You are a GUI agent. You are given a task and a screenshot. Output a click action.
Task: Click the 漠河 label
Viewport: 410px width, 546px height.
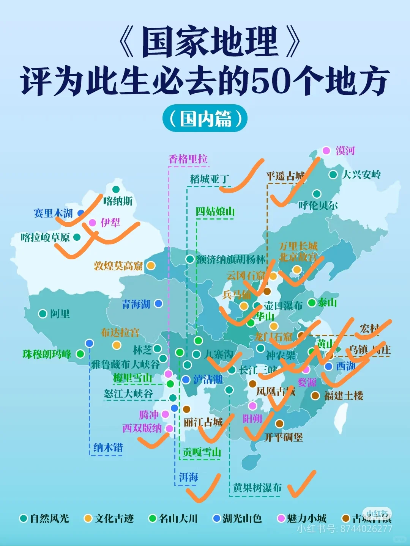(x=345, y=151)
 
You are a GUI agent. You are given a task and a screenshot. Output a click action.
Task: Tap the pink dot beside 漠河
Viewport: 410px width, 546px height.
(x=326, y=151)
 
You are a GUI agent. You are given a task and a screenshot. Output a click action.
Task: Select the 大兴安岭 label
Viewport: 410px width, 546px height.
(x=361, y=175)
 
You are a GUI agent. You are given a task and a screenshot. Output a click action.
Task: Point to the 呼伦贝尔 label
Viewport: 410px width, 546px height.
(x=318, y=206)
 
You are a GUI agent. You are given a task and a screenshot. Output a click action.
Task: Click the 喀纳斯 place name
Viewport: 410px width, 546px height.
(x=118, y=201)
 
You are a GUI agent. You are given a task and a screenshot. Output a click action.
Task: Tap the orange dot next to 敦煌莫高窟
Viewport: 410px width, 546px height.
(x=151, y=265)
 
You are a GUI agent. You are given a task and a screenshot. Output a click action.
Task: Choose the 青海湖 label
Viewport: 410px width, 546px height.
(x=136, y=304)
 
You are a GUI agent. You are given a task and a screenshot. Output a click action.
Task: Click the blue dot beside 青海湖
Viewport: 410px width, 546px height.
(x=158, y=303)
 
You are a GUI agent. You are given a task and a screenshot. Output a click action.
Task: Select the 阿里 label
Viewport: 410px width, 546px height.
(x=60, y=314)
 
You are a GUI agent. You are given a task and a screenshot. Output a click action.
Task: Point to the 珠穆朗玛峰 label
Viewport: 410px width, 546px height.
(x=47, y=354)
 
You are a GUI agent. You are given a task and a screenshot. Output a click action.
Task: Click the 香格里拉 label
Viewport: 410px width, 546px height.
(x=188, y=159)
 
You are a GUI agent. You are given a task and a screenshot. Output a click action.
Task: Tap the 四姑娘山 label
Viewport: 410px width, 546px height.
(x=215, y=212)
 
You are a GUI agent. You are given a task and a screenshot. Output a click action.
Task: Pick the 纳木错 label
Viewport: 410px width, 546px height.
(x=108, y=447)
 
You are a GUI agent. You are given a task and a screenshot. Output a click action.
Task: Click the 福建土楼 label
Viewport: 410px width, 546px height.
(x=344, y=396)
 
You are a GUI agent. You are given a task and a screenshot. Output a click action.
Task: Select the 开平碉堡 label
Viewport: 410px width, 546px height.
(x=284, y=438)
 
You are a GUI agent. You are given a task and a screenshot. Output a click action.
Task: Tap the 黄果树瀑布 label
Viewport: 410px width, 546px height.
(x=257, y=488)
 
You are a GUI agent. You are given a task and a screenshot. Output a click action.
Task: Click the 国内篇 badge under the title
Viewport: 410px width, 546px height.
(x=205, y=118)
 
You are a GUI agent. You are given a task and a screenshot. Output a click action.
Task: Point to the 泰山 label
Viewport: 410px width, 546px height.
(x=327, y=303)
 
